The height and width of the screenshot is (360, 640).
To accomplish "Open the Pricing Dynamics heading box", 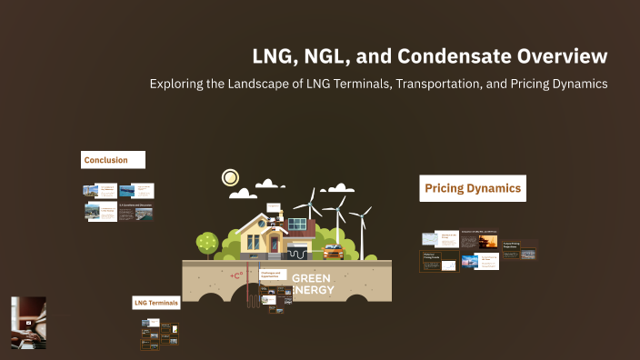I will pyautogui.click(x=473, y=189).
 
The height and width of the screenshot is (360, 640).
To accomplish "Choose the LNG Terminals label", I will pyautogui.click(x=155, y=302).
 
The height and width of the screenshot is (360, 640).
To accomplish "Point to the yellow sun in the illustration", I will pyautogui.click(x=230, y=178).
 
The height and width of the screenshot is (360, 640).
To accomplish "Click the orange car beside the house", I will pyautogui.click(x=334, y=251).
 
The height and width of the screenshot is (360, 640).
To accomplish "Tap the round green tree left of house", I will pyautogui.click(x=206, y=242).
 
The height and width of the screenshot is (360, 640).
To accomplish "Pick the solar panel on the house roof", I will pyautogui.click(x=297, y=223).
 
